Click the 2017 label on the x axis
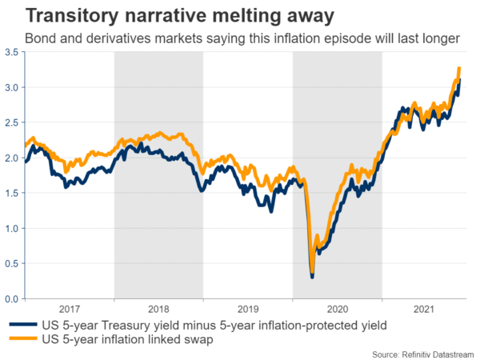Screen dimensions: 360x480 (70, 308)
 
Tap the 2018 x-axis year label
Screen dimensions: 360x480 (158, 308)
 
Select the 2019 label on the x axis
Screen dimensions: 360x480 (248, 308)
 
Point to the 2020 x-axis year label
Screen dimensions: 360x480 (337, 308)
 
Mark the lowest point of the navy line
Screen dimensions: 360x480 (311, 277)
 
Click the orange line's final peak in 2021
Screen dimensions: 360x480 (458, 69)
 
